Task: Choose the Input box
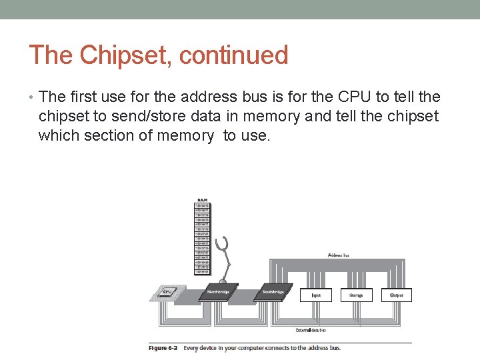315,295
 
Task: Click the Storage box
356,295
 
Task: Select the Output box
396,295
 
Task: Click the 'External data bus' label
311,330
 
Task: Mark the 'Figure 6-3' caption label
164,347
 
